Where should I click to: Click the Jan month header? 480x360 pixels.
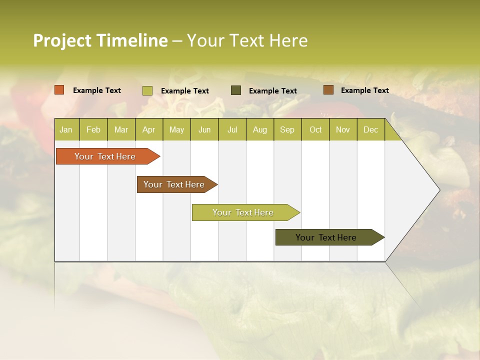[66, 129]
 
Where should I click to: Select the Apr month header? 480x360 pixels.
[148, 129]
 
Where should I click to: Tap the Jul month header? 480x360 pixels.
[232, 129]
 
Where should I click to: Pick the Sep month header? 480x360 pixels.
[287, 129]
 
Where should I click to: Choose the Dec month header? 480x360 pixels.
[370, 129]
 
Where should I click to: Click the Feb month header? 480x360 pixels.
[93, 129]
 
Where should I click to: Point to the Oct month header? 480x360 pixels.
[315, 129]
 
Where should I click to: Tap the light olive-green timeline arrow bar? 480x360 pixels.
[243, 212]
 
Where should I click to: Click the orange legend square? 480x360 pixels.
[59, 90]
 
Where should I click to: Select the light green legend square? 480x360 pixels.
[147, 90]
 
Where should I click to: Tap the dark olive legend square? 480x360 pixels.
[236, 90]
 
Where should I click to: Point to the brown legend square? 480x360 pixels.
[328, 90]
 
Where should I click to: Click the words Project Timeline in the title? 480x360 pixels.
[100, 40]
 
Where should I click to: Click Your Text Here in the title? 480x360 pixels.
[247, 40]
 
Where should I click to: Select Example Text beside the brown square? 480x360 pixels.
[364, 90]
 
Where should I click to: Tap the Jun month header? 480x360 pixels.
[204, 129]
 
